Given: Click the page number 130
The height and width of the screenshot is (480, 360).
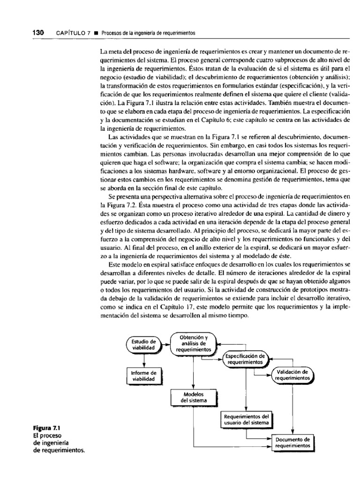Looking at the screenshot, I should pyautogui.click(x=37, y=33).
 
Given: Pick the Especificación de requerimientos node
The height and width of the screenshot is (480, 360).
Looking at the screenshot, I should pyautogui.click(x=245, y=359).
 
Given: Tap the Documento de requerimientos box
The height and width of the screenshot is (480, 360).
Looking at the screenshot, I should pyautogui.click(x=293, y=442).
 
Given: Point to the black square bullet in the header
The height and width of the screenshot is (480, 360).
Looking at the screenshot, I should pyautogui.click(x=96, y=33).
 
